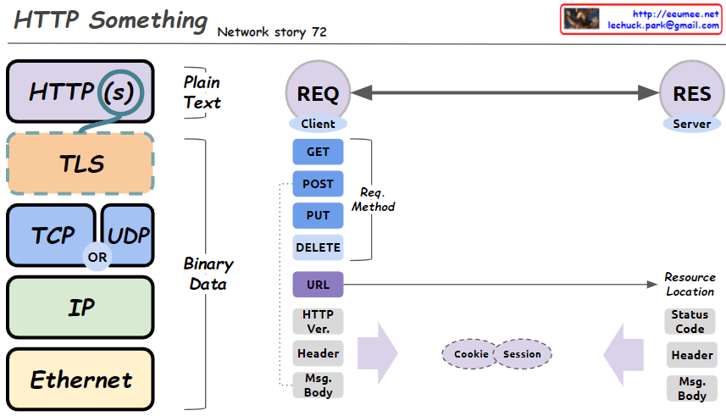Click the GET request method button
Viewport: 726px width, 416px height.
(x=318, y=152)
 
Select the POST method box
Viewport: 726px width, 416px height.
(x=318, y=184)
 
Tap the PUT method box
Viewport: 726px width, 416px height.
(x=318, y=216)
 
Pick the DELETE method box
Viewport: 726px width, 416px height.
(x=318, y=247)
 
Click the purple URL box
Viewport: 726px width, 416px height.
(x=318, y=285)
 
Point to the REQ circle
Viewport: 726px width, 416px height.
(x=318, y=93)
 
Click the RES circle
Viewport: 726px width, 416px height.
(x=691, y=93)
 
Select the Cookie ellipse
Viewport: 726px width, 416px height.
(x=471, y=354)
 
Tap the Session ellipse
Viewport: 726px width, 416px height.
(x=522, y=354)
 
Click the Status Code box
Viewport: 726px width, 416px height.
(x=690, y=321)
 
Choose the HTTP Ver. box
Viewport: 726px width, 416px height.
(x=318, y=321)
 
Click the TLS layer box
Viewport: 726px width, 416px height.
(x=80, y=163)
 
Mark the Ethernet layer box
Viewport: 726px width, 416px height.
(x=80, y=380)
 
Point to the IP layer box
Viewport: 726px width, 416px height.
(x=80, y=308)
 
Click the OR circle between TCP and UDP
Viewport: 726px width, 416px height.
(x=97, y=257)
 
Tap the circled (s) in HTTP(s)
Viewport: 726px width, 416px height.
(x=118, y=91)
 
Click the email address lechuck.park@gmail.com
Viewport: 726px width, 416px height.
(x=663, y=25)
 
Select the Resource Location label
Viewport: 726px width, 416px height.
(x=690, y=284)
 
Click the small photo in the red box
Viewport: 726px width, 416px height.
(x=582, y=19)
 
